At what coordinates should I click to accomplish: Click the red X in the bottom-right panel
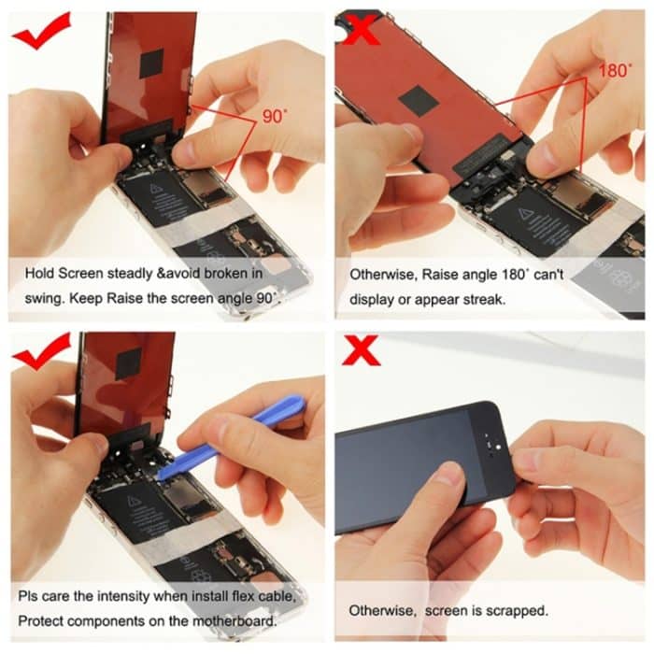click(x=361, y=352)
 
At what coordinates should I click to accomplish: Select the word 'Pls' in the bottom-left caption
click(x=29, y=596)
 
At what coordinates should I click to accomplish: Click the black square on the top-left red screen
click(x=150, y=63)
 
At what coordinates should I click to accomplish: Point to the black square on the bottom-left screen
click(x=128, y=363)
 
